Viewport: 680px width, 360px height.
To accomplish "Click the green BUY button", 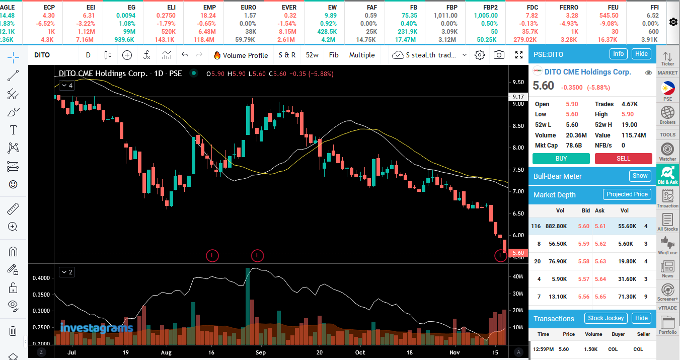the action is (x=561, y=159).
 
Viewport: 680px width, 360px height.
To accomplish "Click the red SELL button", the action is (x=623, y=159).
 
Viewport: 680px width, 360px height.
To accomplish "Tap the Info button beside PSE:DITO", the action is (x=618, y=54).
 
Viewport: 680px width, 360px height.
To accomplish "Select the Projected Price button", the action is (x=627, y=194).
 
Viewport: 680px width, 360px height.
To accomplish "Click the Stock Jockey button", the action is (x=606, y=318).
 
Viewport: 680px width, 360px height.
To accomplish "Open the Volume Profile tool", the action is (x=241, y=55).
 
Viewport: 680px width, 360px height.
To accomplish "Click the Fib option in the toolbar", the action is (x=334, y=55).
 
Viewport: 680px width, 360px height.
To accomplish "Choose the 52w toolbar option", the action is (x=312, y=55).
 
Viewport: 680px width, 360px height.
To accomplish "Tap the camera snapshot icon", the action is (x=499, y=55).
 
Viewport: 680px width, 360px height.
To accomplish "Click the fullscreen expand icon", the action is (x=519, y=55).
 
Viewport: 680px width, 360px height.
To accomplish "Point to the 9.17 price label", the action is (x=518, y=97).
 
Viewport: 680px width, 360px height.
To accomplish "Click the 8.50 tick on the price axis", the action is (x=518, y=126).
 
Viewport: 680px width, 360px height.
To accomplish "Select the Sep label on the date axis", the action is (x=260, y=352).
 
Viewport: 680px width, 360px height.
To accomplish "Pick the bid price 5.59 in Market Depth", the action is (x=583, y=244).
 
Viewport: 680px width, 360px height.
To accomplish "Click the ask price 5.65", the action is (x=600, y=297).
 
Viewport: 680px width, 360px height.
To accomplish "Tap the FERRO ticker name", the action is (x=569, y=7).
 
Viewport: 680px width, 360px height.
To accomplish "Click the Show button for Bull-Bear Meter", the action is (x=640, y=176).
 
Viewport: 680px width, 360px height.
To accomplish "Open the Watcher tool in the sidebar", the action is (x=667, y=152).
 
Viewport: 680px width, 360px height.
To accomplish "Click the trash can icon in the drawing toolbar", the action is (x=13, y=331).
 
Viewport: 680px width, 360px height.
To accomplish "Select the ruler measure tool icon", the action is (x=13, y=209).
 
